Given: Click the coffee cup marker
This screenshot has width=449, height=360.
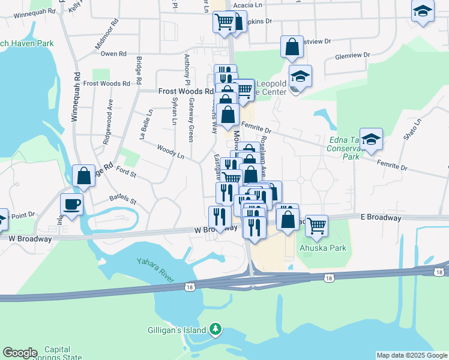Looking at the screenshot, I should [x=71, y=204].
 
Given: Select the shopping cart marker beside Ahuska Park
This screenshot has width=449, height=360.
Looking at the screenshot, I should [x=316, y=226].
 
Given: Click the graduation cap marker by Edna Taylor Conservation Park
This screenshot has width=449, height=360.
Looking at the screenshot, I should [x=372, y=139].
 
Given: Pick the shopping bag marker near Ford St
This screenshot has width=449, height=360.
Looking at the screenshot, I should [x=83, y=176].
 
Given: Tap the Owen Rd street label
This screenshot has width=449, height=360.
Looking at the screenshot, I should [x=113, y=54].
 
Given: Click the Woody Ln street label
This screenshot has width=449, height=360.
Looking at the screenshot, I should [x=170, y=151].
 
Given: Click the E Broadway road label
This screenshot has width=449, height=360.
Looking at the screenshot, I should [x=381, y=217].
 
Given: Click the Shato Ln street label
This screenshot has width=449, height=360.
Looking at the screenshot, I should [x=413, y=128].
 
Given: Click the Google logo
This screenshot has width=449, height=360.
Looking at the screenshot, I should [x=20, y=353].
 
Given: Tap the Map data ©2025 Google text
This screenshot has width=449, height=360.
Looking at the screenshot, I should [x=412, y=355].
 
